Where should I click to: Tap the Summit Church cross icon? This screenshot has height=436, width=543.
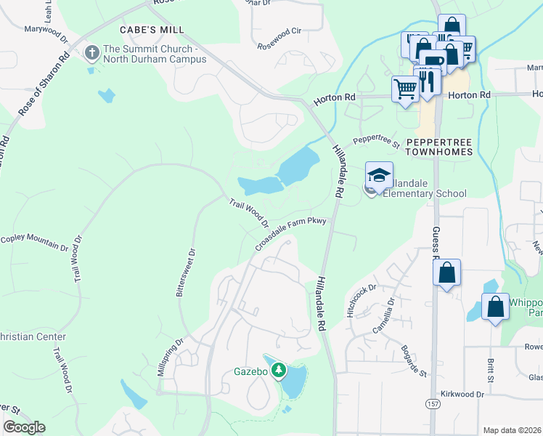(92, 53)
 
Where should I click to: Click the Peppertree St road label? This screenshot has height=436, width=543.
(377, 140)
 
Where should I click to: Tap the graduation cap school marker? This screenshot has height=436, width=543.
(379, 174)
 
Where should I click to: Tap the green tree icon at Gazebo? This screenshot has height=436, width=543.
(278, 371)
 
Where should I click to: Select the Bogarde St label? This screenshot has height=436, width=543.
(412, 361)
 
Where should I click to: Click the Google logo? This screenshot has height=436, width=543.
(24, 427)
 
